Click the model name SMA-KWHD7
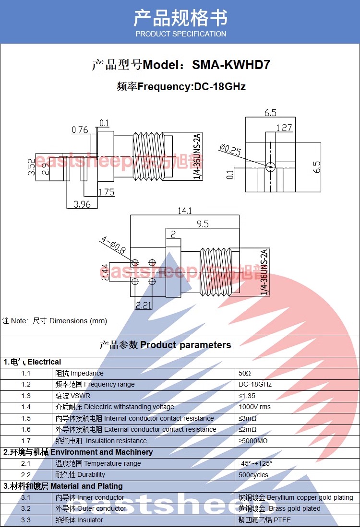(231, 65)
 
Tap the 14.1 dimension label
(185, 211)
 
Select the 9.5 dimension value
(202, 224)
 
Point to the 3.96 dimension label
(82, 204)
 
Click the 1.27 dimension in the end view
(284, 128)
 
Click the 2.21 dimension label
(144, 305)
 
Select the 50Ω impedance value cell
(245, 373)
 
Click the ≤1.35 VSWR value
(247, 396)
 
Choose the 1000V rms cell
(254, 407)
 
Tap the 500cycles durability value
(253, 475)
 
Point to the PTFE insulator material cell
(264, 520)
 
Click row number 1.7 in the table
(26, 441)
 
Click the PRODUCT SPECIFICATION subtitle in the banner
(180, 34)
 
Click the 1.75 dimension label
(106, 192)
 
